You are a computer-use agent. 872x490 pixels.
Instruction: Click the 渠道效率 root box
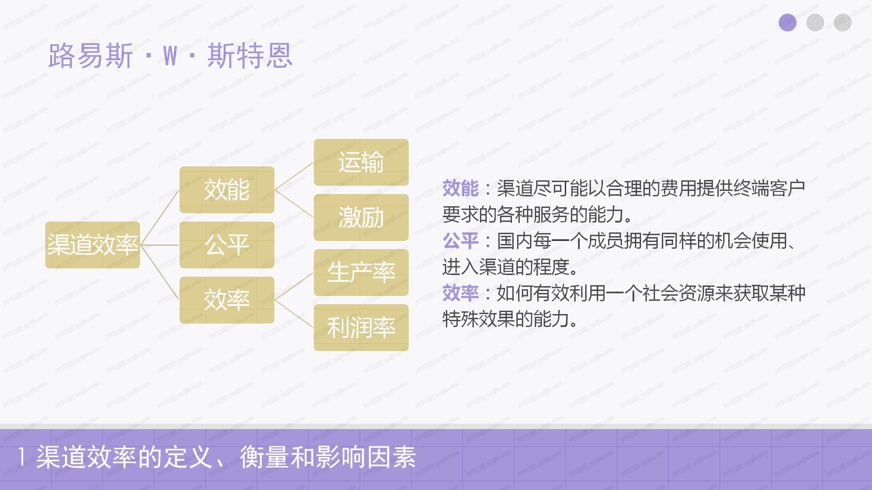pyautogui.click(x=93, y=245)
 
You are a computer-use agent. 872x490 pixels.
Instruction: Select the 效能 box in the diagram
pyautogui.click(x=227, y=190)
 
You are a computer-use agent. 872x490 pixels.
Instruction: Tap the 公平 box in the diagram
pyautogui.click(x=227, y=245)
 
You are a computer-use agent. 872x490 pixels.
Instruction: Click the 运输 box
pyautogui.click(x=361, y=162)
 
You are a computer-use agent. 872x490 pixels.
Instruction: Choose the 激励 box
pyautogui.click(x=361, y=217)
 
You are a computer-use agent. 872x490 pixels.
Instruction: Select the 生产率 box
pyautogui.click(x=361, y=273)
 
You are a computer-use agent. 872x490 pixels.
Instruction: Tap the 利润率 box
pyautogui.click(x=361, y=328)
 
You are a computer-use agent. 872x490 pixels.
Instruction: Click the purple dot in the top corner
pyautogui.click(x=788, y=22)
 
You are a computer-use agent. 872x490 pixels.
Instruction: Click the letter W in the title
pyautogui.click(x=170, y=56)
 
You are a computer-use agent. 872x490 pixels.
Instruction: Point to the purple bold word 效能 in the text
pyautogui.click(x=461, y=188)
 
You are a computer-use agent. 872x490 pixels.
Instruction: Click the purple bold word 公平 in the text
pyautogui.click(x=461, y=241)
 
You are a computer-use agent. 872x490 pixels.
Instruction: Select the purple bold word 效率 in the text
pyautogui.click(x=461, y=293)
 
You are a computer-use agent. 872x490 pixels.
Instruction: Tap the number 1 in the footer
pyautogui.click(x=22, y=457)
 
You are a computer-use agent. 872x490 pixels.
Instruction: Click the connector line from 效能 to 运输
pyautogui.click(x=294, y=176)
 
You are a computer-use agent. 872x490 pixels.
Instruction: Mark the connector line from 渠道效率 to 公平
pyautogui.click(x=159, y=245)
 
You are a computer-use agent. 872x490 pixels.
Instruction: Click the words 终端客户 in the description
pyautogui.click(x=769, y=188)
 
